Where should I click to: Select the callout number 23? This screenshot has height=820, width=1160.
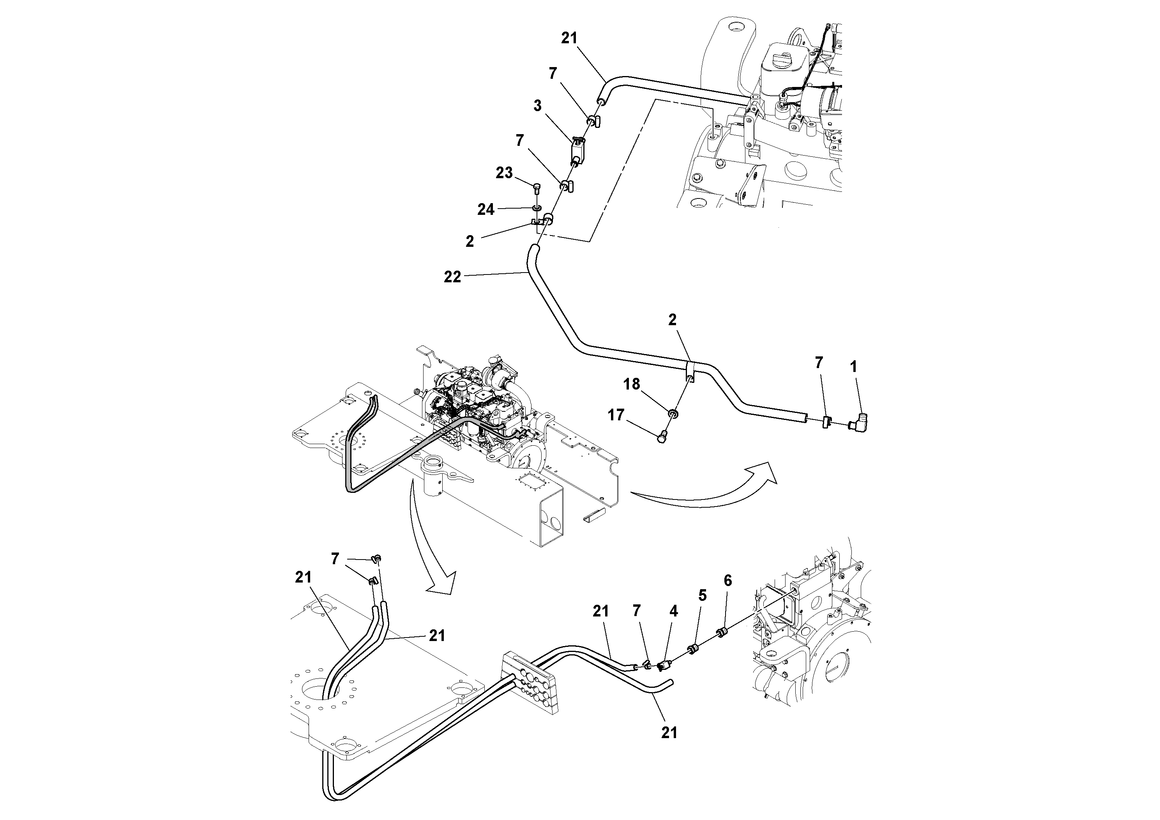504,173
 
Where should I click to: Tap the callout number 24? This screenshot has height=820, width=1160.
486,209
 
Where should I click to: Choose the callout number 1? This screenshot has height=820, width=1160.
853,367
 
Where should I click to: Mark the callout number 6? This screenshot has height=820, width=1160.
727,581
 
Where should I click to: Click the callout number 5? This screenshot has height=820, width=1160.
702,595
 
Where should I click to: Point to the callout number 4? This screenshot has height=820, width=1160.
673,612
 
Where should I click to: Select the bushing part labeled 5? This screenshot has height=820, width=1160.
694,648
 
